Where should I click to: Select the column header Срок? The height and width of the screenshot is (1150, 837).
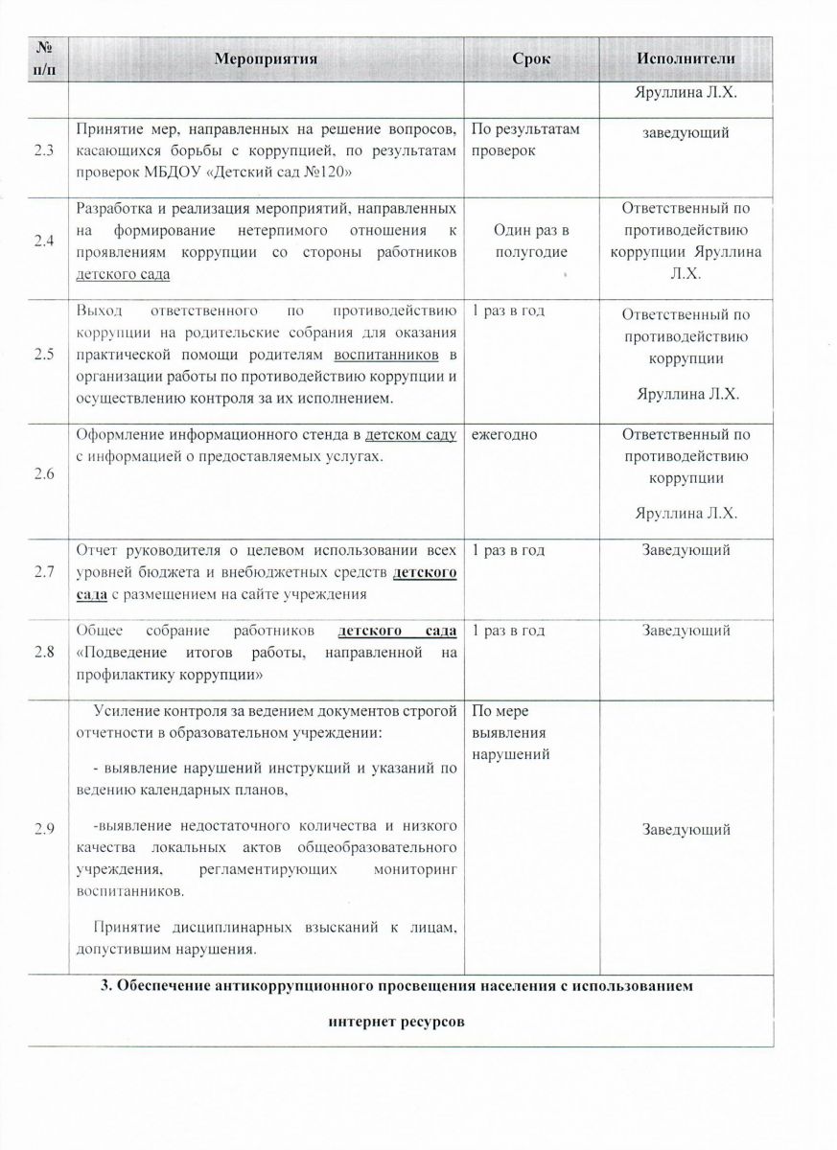tap(531, 58)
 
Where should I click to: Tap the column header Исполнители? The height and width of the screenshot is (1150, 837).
tap(685, 58)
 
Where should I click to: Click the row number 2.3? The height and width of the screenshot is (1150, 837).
tap(43, 154)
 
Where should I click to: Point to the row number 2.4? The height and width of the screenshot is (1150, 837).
tap(43, 241)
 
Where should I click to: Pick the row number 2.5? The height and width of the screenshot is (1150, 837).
tap(43, 355)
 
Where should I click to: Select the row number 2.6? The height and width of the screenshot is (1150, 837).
tap(43, 474)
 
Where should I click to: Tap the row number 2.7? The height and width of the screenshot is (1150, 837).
tap(43, 572)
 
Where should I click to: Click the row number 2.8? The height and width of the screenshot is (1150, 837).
tap(43, 653)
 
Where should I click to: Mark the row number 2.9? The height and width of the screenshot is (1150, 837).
tap(43, 829)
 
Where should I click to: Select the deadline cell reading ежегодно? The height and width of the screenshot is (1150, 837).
tap(503, 434)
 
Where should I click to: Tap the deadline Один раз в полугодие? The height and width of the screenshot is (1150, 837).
tap(531, 241)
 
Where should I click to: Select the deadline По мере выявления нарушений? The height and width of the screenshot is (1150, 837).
tap(511, 733)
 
